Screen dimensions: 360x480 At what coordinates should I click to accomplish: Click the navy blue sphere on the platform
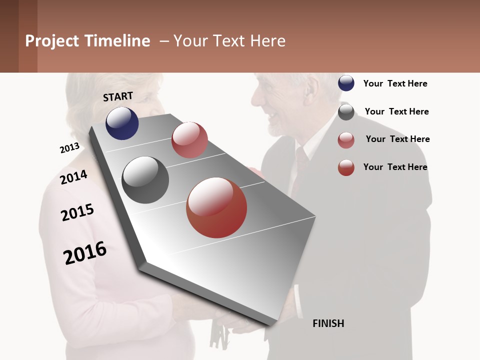[122, 123]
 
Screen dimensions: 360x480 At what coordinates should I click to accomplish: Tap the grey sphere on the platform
[145, 180]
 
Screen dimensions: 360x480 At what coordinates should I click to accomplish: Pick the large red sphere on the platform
[216, 207]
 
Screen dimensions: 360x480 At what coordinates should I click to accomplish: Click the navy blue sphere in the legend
[346, 83]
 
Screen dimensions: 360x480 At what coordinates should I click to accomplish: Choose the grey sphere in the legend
[346, 112]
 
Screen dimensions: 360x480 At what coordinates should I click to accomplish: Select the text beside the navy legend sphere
[395, 84]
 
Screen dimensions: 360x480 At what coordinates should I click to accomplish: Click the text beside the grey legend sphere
[396, 111]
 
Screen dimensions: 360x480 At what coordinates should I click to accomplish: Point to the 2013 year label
[69, 148]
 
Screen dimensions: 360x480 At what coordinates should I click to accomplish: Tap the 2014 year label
[73, 177]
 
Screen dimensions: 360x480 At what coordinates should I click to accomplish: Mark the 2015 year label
[77, 212]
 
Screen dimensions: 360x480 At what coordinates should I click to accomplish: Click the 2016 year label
[85, 253]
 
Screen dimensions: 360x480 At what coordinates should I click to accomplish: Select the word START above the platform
[118, 96]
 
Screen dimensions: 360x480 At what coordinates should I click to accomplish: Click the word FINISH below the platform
[328, 323]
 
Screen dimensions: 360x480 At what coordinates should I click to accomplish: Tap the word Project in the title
[52, 41]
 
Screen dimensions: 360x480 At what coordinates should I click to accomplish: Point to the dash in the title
[164, 41]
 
